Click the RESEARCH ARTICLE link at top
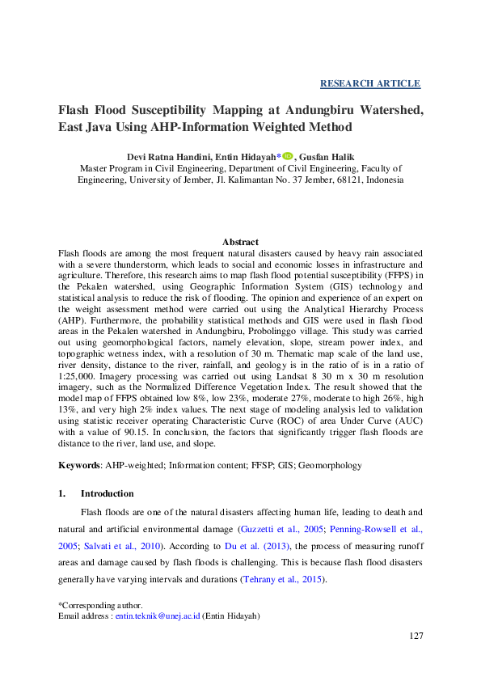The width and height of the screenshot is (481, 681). pos(370,83)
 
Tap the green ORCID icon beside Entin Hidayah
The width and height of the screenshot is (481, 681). pos(289,156)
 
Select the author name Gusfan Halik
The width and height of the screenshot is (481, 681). pos(331,157)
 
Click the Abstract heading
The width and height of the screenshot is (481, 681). pos(240,242)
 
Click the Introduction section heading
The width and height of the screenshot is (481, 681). pos(108,493)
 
